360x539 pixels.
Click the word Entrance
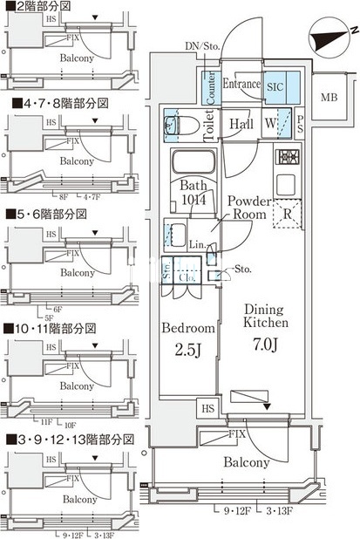coord(241,85)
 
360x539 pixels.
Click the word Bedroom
coord(188,329)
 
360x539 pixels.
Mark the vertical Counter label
coord(210,87)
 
